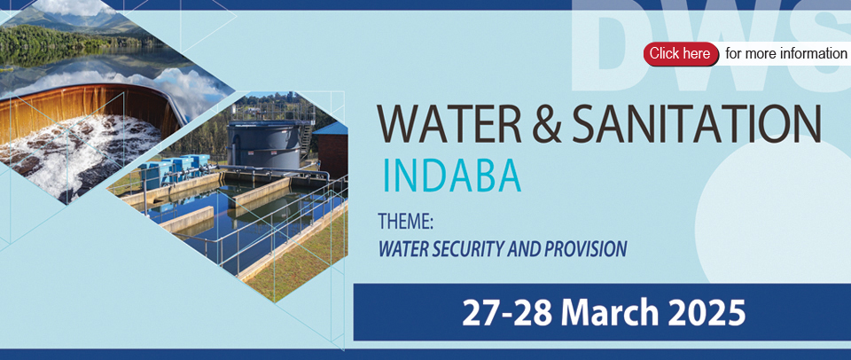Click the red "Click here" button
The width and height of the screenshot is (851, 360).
point(681,54)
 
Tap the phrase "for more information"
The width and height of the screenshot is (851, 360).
point(786,54)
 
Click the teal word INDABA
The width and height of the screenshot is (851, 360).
point(452,176)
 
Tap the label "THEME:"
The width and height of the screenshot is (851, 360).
point(405,223)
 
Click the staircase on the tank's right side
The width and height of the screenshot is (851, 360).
point(307,136)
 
